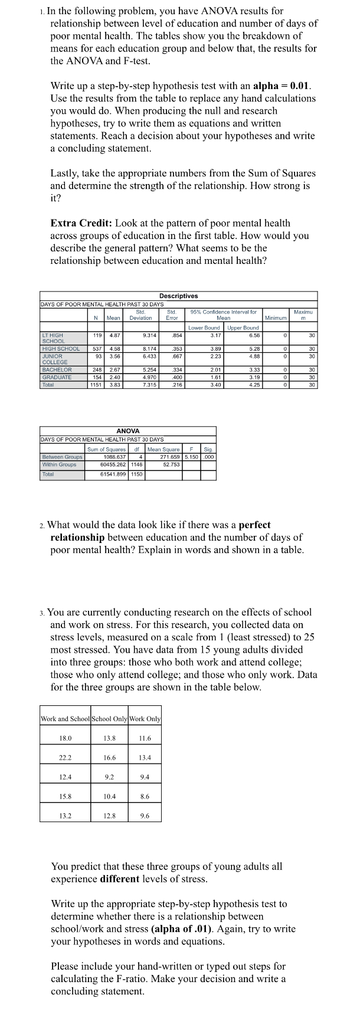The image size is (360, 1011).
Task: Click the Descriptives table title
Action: [178, 296]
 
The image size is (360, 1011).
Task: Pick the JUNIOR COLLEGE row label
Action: [54, 359]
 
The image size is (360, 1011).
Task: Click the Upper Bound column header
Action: [243, 328]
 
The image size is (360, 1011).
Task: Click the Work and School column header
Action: [66, 719]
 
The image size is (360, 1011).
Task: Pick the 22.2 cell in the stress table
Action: [66, 758]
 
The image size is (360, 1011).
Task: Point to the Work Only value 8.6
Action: [145, 796]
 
